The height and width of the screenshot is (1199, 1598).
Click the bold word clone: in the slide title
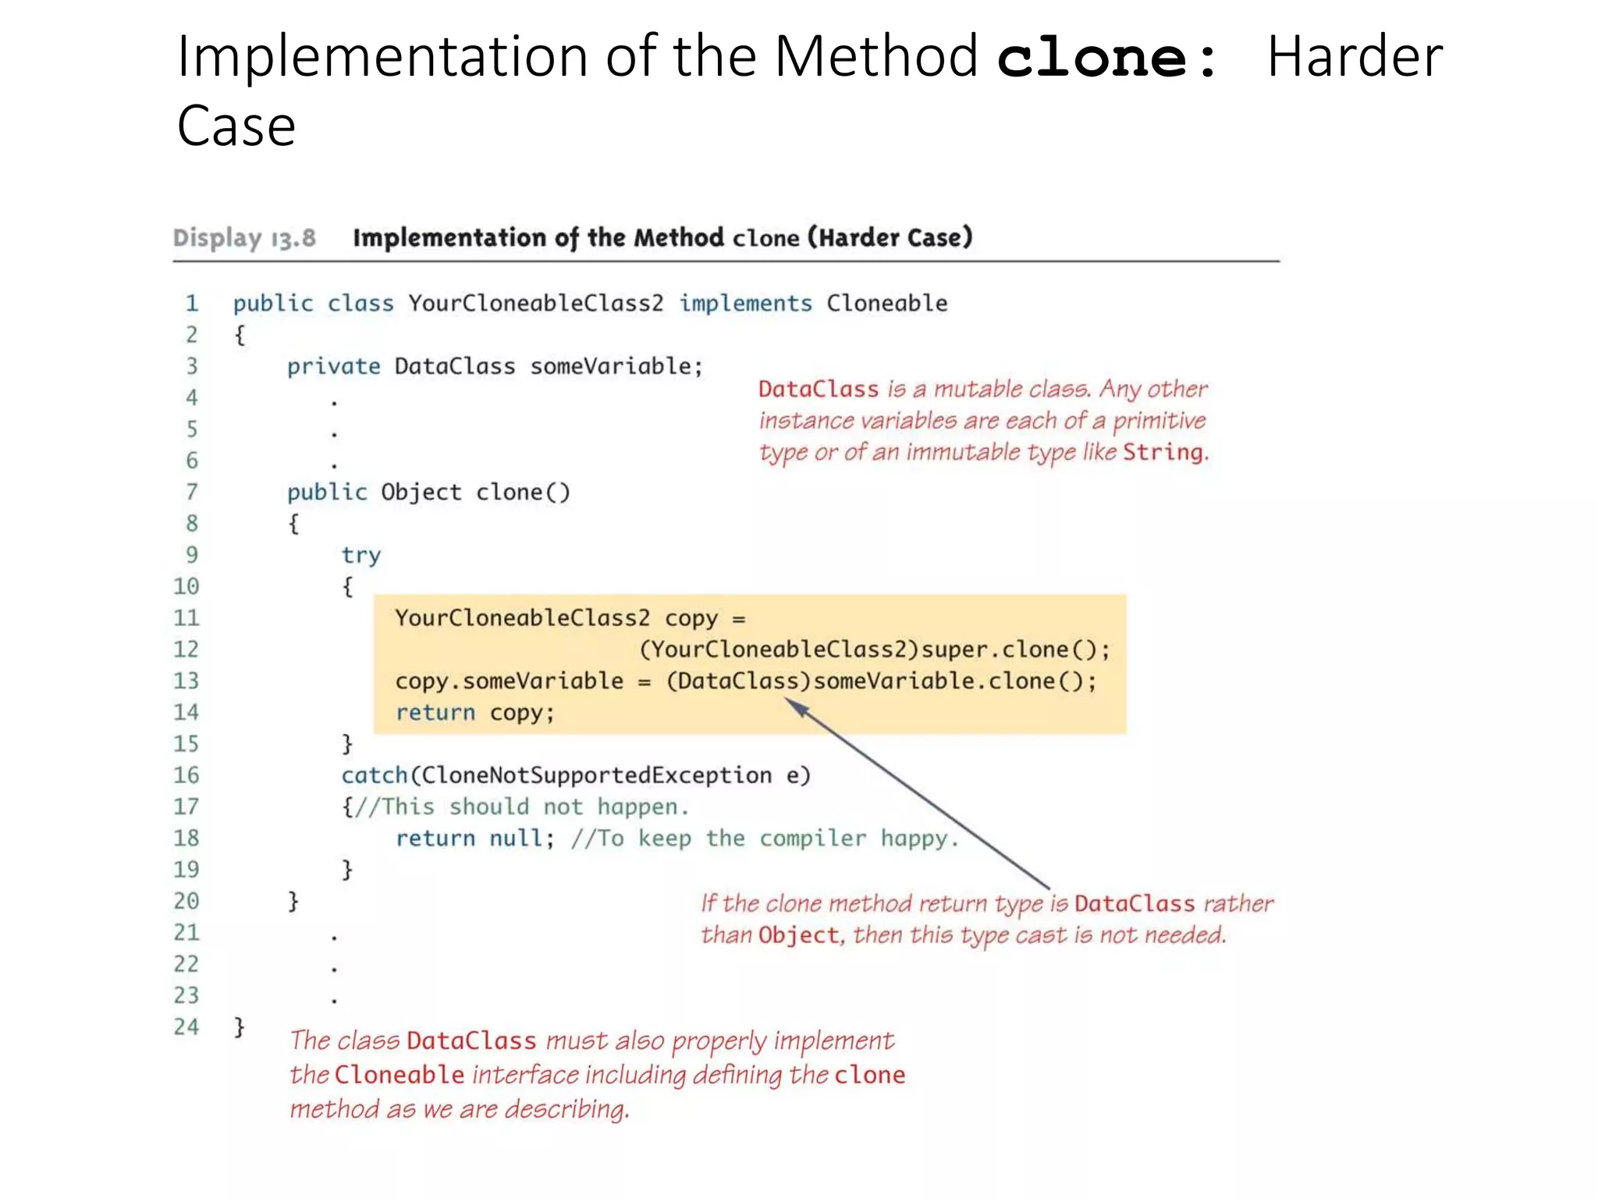(x=1106, y=59)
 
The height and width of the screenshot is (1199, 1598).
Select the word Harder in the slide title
(x=1355, y=57)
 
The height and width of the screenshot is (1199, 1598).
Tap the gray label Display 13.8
(x=244, y=237)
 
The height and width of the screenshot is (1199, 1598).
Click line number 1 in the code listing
(x=192, y=303)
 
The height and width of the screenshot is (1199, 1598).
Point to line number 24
(x=186, y=1026)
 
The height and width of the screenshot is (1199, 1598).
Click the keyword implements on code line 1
(x=745, y=303)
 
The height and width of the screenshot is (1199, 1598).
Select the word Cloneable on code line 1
(x=887, y=303)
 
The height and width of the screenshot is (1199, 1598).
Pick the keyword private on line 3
(x=333, y=366)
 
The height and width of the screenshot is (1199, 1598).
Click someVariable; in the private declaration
(x=616, y=366)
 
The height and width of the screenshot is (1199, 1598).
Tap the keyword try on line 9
(x=361, y=555)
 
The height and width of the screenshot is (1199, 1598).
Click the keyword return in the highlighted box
(x=435, y=713)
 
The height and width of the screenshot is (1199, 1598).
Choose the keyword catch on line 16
(x=375, y=775)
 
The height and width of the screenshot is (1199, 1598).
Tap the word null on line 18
(x=516, y=838)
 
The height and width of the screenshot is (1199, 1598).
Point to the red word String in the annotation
(x=1163, y=452)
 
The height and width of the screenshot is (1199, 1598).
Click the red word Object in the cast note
(x=798, y=935)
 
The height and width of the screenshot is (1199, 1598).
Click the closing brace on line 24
(x=240, y=1026)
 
